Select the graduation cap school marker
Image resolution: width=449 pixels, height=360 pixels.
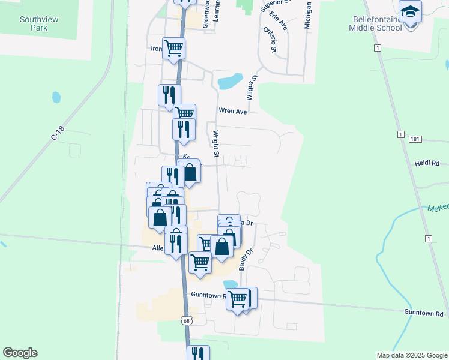click(x=411, y=12)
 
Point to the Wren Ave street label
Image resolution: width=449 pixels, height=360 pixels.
click(x=233, y=111)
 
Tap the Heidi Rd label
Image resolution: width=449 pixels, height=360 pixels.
click(x=427, y=163)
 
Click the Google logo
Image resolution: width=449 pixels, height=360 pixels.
click(x=20, y=353)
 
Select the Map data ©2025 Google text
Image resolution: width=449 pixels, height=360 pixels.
click(x=412, y=355)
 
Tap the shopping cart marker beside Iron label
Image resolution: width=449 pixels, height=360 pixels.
click(x=173, y=48)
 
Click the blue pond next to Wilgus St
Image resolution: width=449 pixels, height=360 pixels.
click(x=231, y=80)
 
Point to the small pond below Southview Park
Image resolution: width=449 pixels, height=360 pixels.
click(x=56, y=97)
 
